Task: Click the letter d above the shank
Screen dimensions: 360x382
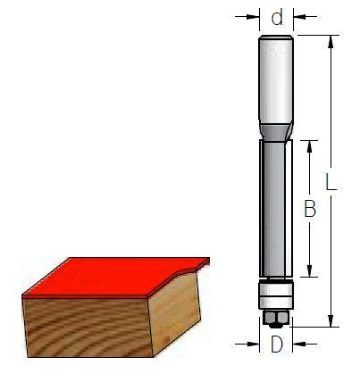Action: [x=277, y=18]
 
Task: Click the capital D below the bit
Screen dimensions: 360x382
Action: [x=277, y=345]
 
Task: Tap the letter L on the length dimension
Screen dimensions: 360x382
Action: [x=331, y=182]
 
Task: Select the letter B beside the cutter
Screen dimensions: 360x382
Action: [x=310, y=209]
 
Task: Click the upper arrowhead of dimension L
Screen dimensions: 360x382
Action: [x=331, y=42]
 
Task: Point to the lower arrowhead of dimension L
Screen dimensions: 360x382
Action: [x=331, y=320]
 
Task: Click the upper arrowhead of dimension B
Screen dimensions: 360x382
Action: [x=309, y=146]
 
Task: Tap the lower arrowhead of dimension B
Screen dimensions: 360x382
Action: [x=309, y=270]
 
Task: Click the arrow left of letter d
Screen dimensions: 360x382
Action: [x=247, y=17]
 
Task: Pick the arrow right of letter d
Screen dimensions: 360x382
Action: [x=306, y=17]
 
